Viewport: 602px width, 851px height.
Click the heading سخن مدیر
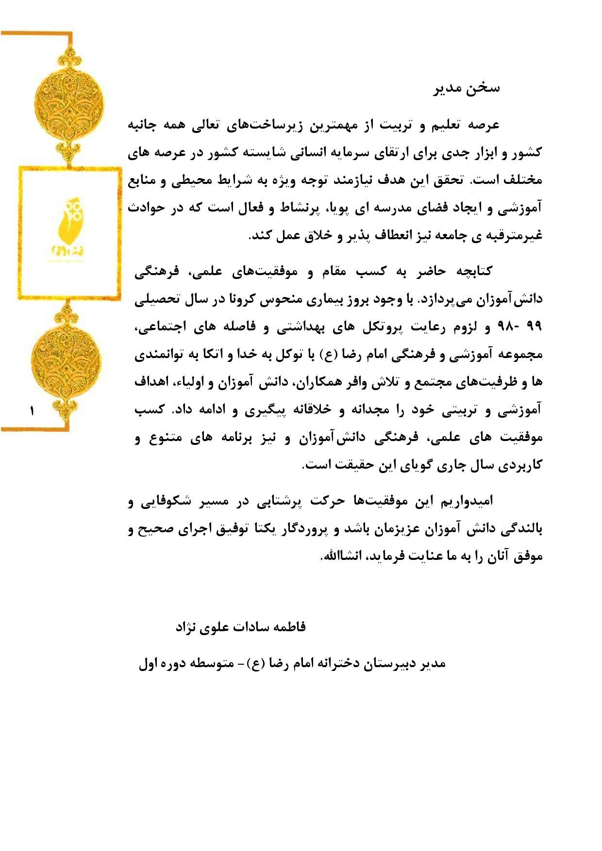[466, 89]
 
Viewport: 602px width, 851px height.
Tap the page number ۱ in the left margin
[33, 411]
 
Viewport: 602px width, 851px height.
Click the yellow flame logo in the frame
[68, 223]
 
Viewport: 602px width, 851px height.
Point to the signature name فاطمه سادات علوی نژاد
[241, 627]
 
